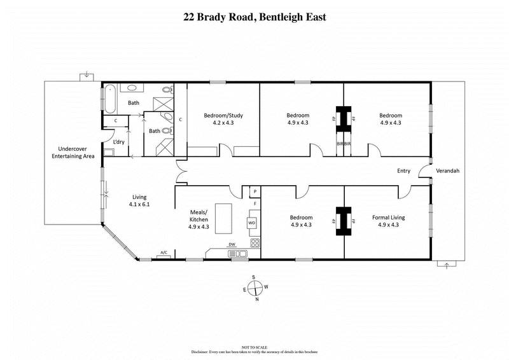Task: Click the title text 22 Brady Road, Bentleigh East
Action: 254,17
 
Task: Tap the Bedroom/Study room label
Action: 223,115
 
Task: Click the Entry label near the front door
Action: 403,170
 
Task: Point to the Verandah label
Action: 447,170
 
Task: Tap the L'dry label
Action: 119,142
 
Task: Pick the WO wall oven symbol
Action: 252,223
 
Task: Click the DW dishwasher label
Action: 232,244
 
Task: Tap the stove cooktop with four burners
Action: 254,242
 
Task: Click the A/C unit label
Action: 164,253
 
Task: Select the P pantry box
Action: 254,191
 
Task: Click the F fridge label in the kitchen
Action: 254,204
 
